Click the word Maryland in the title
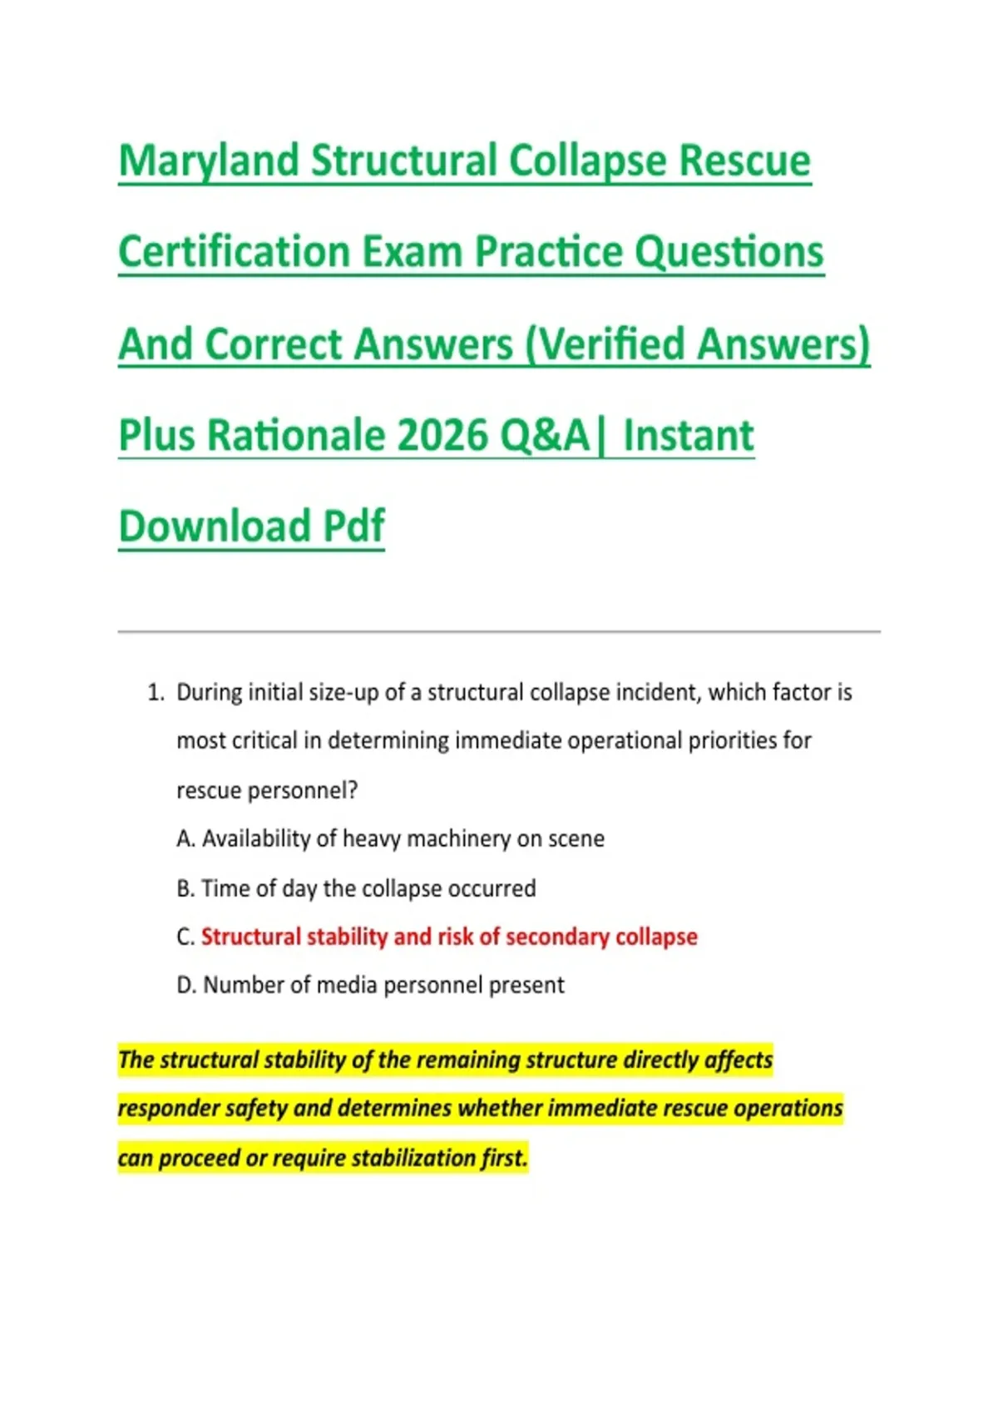[208, 161]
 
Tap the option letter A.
[185, 839]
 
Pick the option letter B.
[185, 889]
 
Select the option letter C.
[185, 937]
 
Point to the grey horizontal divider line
[499, 630]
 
